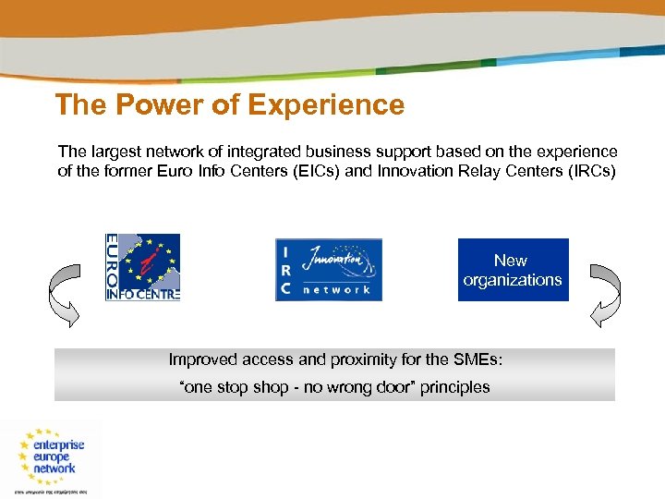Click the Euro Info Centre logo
[x=143, y=267]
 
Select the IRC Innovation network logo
[x=328, y=269]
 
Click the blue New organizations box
[x=513, y=270]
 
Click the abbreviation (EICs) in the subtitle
[x=312, y=171]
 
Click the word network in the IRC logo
[x=337, y=289]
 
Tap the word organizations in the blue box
[x=513, y=280]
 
